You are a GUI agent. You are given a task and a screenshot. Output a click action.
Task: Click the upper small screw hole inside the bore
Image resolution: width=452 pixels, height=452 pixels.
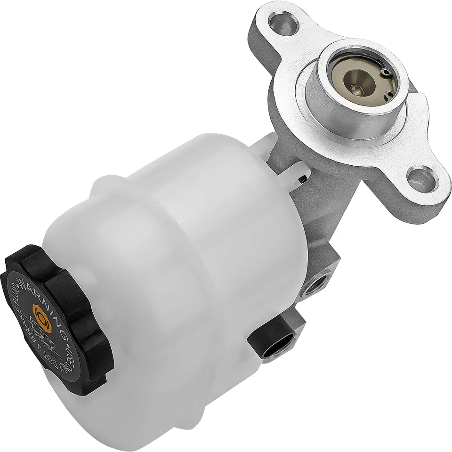click(386, 72)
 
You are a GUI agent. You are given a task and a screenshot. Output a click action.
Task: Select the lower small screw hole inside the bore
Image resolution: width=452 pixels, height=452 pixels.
click(389, 95)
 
